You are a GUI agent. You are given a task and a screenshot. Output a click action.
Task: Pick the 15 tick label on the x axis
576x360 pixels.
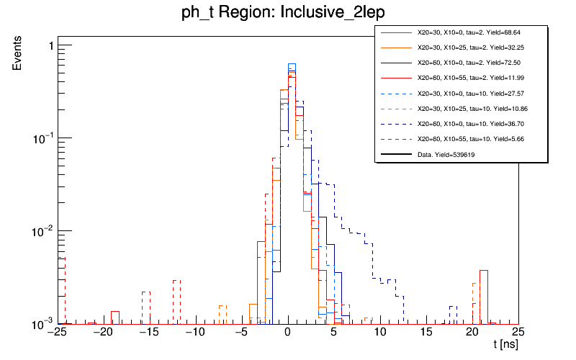[426, 332]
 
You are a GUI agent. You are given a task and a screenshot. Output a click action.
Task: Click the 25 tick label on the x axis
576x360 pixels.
[518, 332]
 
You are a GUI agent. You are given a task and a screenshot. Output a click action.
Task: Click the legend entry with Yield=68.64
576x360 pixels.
[461, 33]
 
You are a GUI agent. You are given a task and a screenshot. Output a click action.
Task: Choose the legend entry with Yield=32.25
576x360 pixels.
[461, 48]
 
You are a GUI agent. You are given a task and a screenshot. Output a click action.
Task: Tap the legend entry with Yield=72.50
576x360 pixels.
[461, 63]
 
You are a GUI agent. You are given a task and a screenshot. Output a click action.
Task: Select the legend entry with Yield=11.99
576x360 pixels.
[461, 78]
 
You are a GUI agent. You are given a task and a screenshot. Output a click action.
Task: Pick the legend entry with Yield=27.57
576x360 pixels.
[461, 94]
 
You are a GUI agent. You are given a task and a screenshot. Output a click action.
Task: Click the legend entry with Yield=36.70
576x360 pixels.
[461, 124]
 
